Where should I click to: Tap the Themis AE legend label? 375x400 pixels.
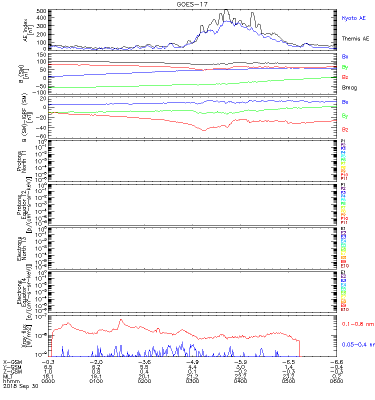point(356,38)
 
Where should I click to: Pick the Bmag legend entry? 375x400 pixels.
point(349,87)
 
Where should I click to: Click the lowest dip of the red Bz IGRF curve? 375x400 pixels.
point(203,130)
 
